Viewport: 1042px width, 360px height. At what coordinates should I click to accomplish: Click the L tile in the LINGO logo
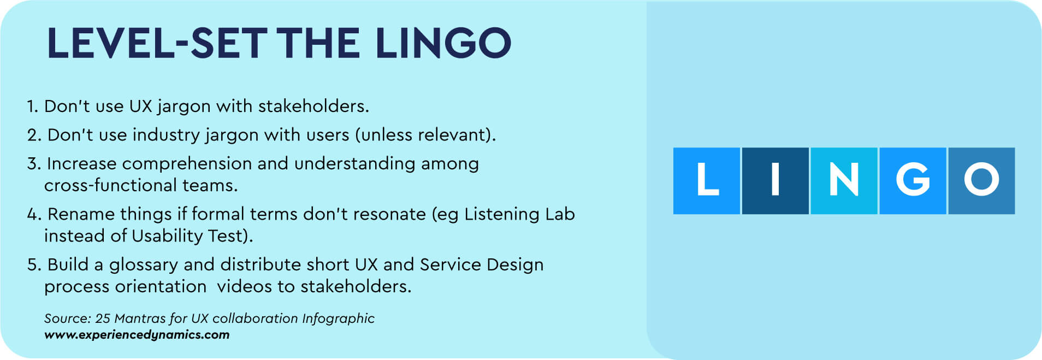707,181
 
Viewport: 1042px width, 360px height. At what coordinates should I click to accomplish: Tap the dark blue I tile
775,181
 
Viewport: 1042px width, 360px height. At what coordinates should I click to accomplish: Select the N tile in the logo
844,181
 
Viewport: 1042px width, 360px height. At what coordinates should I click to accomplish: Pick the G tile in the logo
913,181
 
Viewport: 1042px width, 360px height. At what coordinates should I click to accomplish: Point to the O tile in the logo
981,181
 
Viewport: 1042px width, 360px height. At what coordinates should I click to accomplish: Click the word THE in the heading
318,43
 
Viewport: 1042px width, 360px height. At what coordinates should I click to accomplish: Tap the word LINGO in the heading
443,43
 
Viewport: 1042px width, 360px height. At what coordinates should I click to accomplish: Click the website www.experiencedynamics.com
137,335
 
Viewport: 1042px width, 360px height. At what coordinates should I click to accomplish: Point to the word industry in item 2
166,135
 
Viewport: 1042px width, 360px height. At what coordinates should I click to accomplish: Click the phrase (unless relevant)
425,135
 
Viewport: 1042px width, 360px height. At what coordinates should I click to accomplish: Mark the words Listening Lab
519,214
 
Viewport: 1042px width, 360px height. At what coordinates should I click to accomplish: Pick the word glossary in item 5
144,265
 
